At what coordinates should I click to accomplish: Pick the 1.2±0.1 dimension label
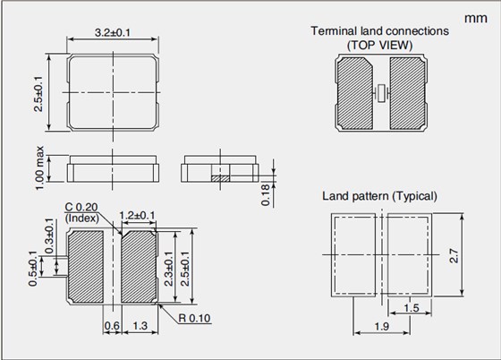click(x=138, y=215)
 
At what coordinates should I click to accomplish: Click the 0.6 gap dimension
click(x=113, y=325)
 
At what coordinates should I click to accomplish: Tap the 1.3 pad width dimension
click(x=140, y=325)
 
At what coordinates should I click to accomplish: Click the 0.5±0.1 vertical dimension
click(x=35, y=269)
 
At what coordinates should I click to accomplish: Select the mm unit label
click(x=475, y=18)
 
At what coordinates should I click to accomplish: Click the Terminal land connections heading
click(x=379, y=30)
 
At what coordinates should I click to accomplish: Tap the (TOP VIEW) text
click(x=379, y=44)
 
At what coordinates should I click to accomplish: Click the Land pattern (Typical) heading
click(x=379, y=196)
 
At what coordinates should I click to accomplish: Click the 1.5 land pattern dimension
click(x=412, y=309)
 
